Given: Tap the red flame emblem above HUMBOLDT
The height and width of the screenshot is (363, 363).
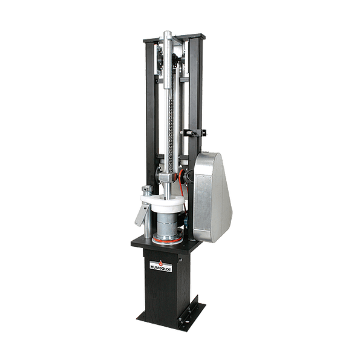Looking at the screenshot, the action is click(161, 263).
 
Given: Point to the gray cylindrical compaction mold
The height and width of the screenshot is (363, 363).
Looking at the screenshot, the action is click(167, 224).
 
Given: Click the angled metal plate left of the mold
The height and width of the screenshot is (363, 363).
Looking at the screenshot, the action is click(142, 215).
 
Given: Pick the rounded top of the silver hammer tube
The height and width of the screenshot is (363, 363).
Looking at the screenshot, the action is click(167, 34).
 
